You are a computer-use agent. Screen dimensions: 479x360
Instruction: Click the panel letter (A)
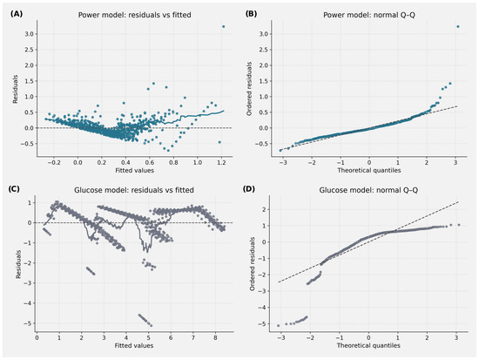pos(17,14)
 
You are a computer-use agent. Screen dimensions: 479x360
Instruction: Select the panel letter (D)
pos(249,189)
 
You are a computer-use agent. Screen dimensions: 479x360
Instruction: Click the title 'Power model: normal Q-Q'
pos(369,15)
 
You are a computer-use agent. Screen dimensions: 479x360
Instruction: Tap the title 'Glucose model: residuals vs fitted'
pos(134,190)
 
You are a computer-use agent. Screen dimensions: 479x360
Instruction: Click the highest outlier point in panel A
pos(223,27)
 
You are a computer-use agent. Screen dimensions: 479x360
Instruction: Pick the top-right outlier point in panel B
pos(457,27)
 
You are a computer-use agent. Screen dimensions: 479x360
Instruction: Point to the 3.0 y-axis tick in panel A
pos(30,34)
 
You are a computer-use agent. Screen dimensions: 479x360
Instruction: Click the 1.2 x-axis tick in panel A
pos(221,162)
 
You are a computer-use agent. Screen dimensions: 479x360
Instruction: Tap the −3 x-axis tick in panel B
pos(282,162)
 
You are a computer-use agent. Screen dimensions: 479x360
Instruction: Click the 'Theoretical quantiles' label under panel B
pos(369,170)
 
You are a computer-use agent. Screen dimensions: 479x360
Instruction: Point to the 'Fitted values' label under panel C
pos(134,346)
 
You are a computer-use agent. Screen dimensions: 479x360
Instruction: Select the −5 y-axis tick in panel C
pos(29,323)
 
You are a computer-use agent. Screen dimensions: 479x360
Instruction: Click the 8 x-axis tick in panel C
pos(215,337)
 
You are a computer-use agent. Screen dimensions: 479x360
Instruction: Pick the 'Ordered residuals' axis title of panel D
pos(252,263)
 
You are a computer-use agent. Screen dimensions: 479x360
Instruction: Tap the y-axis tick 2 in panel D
pos(263,209)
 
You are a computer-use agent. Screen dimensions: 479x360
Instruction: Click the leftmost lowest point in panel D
pos(278,325)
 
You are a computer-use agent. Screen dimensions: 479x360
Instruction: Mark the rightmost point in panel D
pos(458,225)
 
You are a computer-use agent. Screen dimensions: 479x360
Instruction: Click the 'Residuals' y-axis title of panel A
pos(15,89)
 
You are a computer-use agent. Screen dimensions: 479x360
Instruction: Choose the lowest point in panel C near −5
pos(151,325)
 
